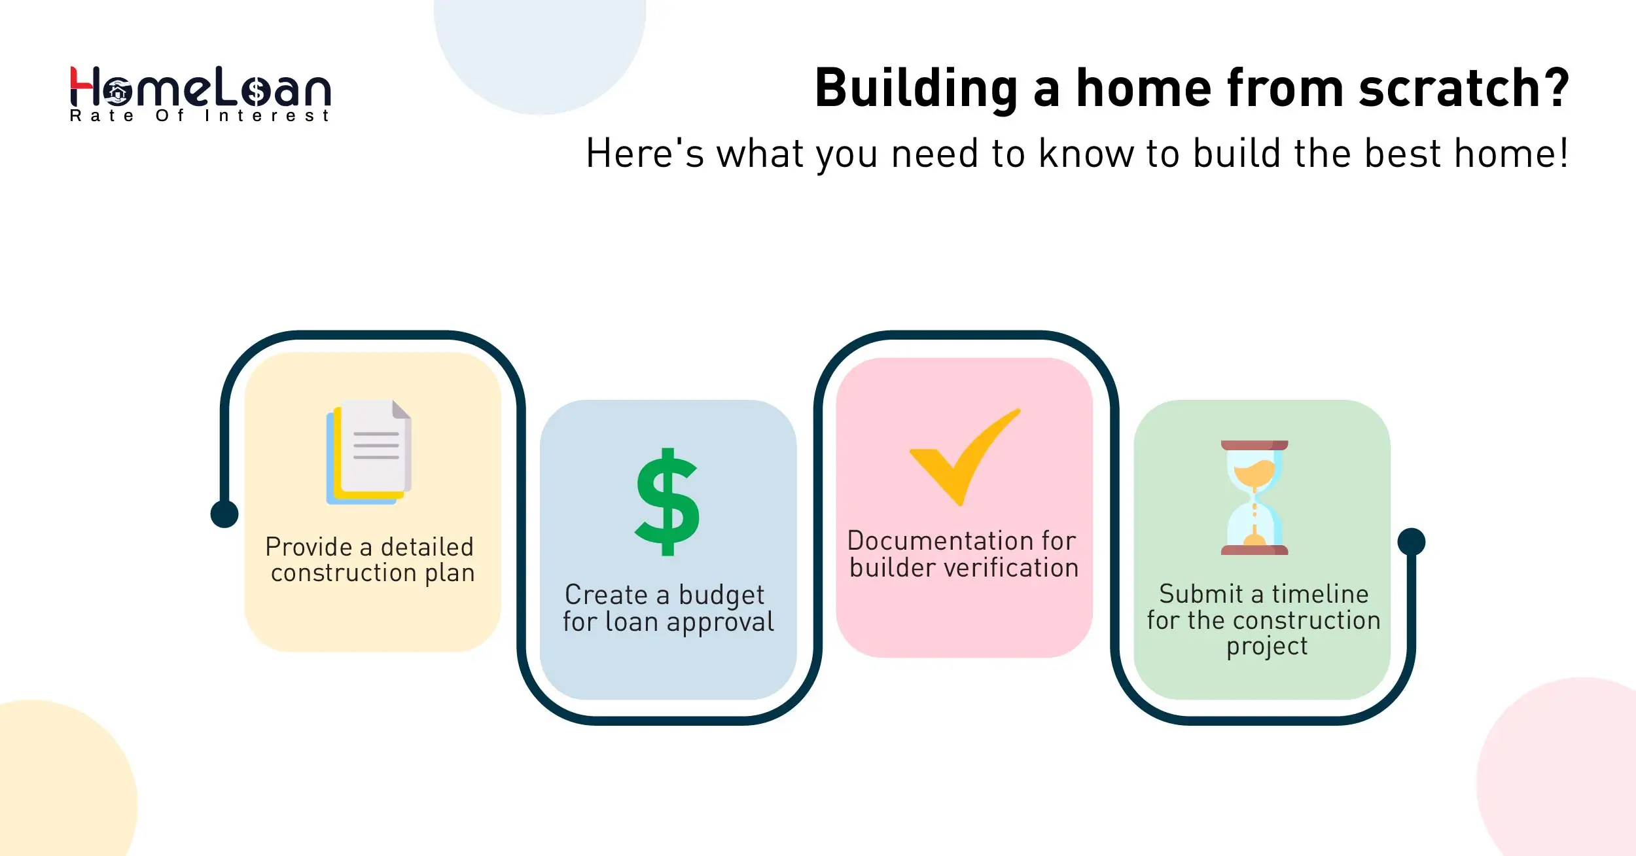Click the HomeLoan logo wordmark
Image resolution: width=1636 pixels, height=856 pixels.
click(x=200, y=88)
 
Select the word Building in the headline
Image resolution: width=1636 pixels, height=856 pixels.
click(x=916, y=90)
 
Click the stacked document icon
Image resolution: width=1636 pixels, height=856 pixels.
click(x=369, y=452)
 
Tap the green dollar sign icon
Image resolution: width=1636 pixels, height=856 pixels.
click(x=667, y=502)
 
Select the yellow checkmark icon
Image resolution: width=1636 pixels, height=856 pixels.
click(x=965, y=457)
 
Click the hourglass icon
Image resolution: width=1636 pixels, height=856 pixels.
click(x=1254, y=497)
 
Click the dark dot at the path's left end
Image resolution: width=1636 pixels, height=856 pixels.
click(x=224, y=514)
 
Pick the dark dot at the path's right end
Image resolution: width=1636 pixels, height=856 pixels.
click(x=1412, y=542)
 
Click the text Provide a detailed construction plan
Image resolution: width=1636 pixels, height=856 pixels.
click(x=370, y=560)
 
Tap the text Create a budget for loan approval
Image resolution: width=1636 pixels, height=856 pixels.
click(x=667, y=608)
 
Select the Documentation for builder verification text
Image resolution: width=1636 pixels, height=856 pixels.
click(x=963, y=554)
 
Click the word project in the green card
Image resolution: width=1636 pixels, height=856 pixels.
click(x=1267, y=647)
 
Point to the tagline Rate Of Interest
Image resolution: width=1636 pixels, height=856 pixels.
click(x=200, y=116)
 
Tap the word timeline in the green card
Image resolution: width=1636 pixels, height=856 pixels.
click(x=1320, y=594)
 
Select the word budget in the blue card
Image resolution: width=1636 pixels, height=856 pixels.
click(x=721, y=596)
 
